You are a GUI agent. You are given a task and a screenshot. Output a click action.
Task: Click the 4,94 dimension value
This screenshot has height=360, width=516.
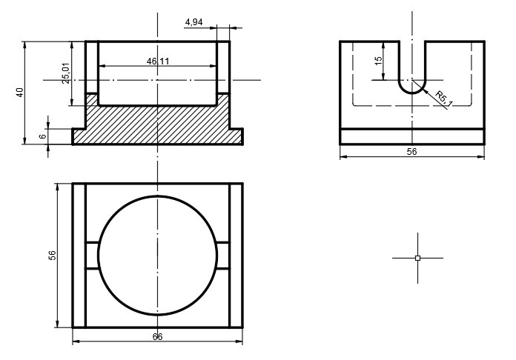click(x=193, y=22)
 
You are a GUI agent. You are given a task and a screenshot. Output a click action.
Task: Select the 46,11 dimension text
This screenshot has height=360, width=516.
click(x=158, y=61)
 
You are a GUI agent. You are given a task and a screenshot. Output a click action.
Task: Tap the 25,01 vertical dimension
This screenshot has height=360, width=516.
click(x=66, y=73)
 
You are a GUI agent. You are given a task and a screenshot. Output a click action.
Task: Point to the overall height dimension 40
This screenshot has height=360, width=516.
click(x=20, y=92)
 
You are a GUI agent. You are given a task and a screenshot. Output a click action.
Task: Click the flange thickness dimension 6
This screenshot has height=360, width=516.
click(x=43, y=136)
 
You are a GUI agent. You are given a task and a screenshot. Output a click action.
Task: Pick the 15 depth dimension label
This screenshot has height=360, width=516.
click(x=379, y=61)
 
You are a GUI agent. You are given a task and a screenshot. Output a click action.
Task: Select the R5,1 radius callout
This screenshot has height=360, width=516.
click(x=444, y=99)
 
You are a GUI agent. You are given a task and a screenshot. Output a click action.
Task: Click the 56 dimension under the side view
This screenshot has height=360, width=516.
click(x=411, y=152)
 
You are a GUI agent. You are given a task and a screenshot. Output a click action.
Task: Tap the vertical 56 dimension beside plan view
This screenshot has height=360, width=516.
click(x=52, y=256)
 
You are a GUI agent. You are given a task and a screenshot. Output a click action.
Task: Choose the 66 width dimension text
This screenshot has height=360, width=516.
click(x=157, y=336)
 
